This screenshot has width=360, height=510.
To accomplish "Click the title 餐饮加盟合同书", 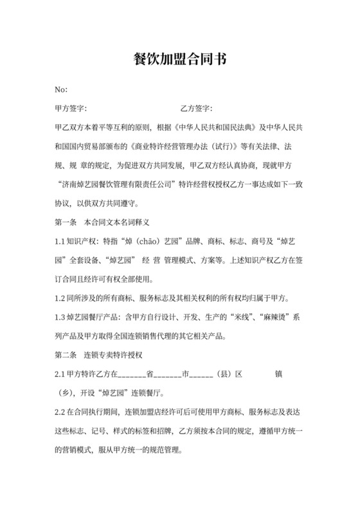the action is [x=179, y=60].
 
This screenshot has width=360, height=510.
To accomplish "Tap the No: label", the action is [x=62, y=89].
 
